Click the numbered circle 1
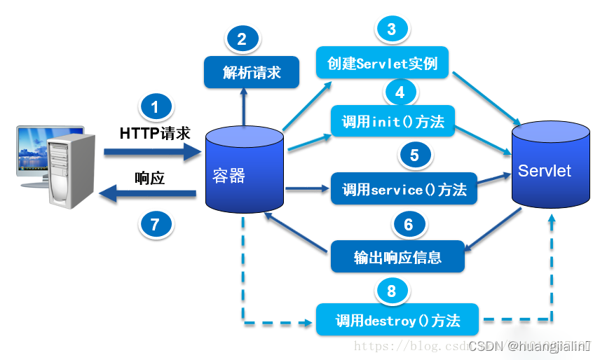(156, 107)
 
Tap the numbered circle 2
(242, 39)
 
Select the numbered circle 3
(391, 29)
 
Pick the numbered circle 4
(400, 92)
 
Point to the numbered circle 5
(414, 155)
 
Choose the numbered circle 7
(156, 224)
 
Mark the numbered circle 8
(391, 290)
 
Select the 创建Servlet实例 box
(382, 63)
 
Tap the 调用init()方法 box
(393, 121)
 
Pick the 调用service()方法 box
(404, 188)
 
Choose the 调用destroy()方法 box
(397, 320)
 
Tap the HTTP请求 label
(155, 133)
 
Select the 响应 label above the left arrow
(149, 178)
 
